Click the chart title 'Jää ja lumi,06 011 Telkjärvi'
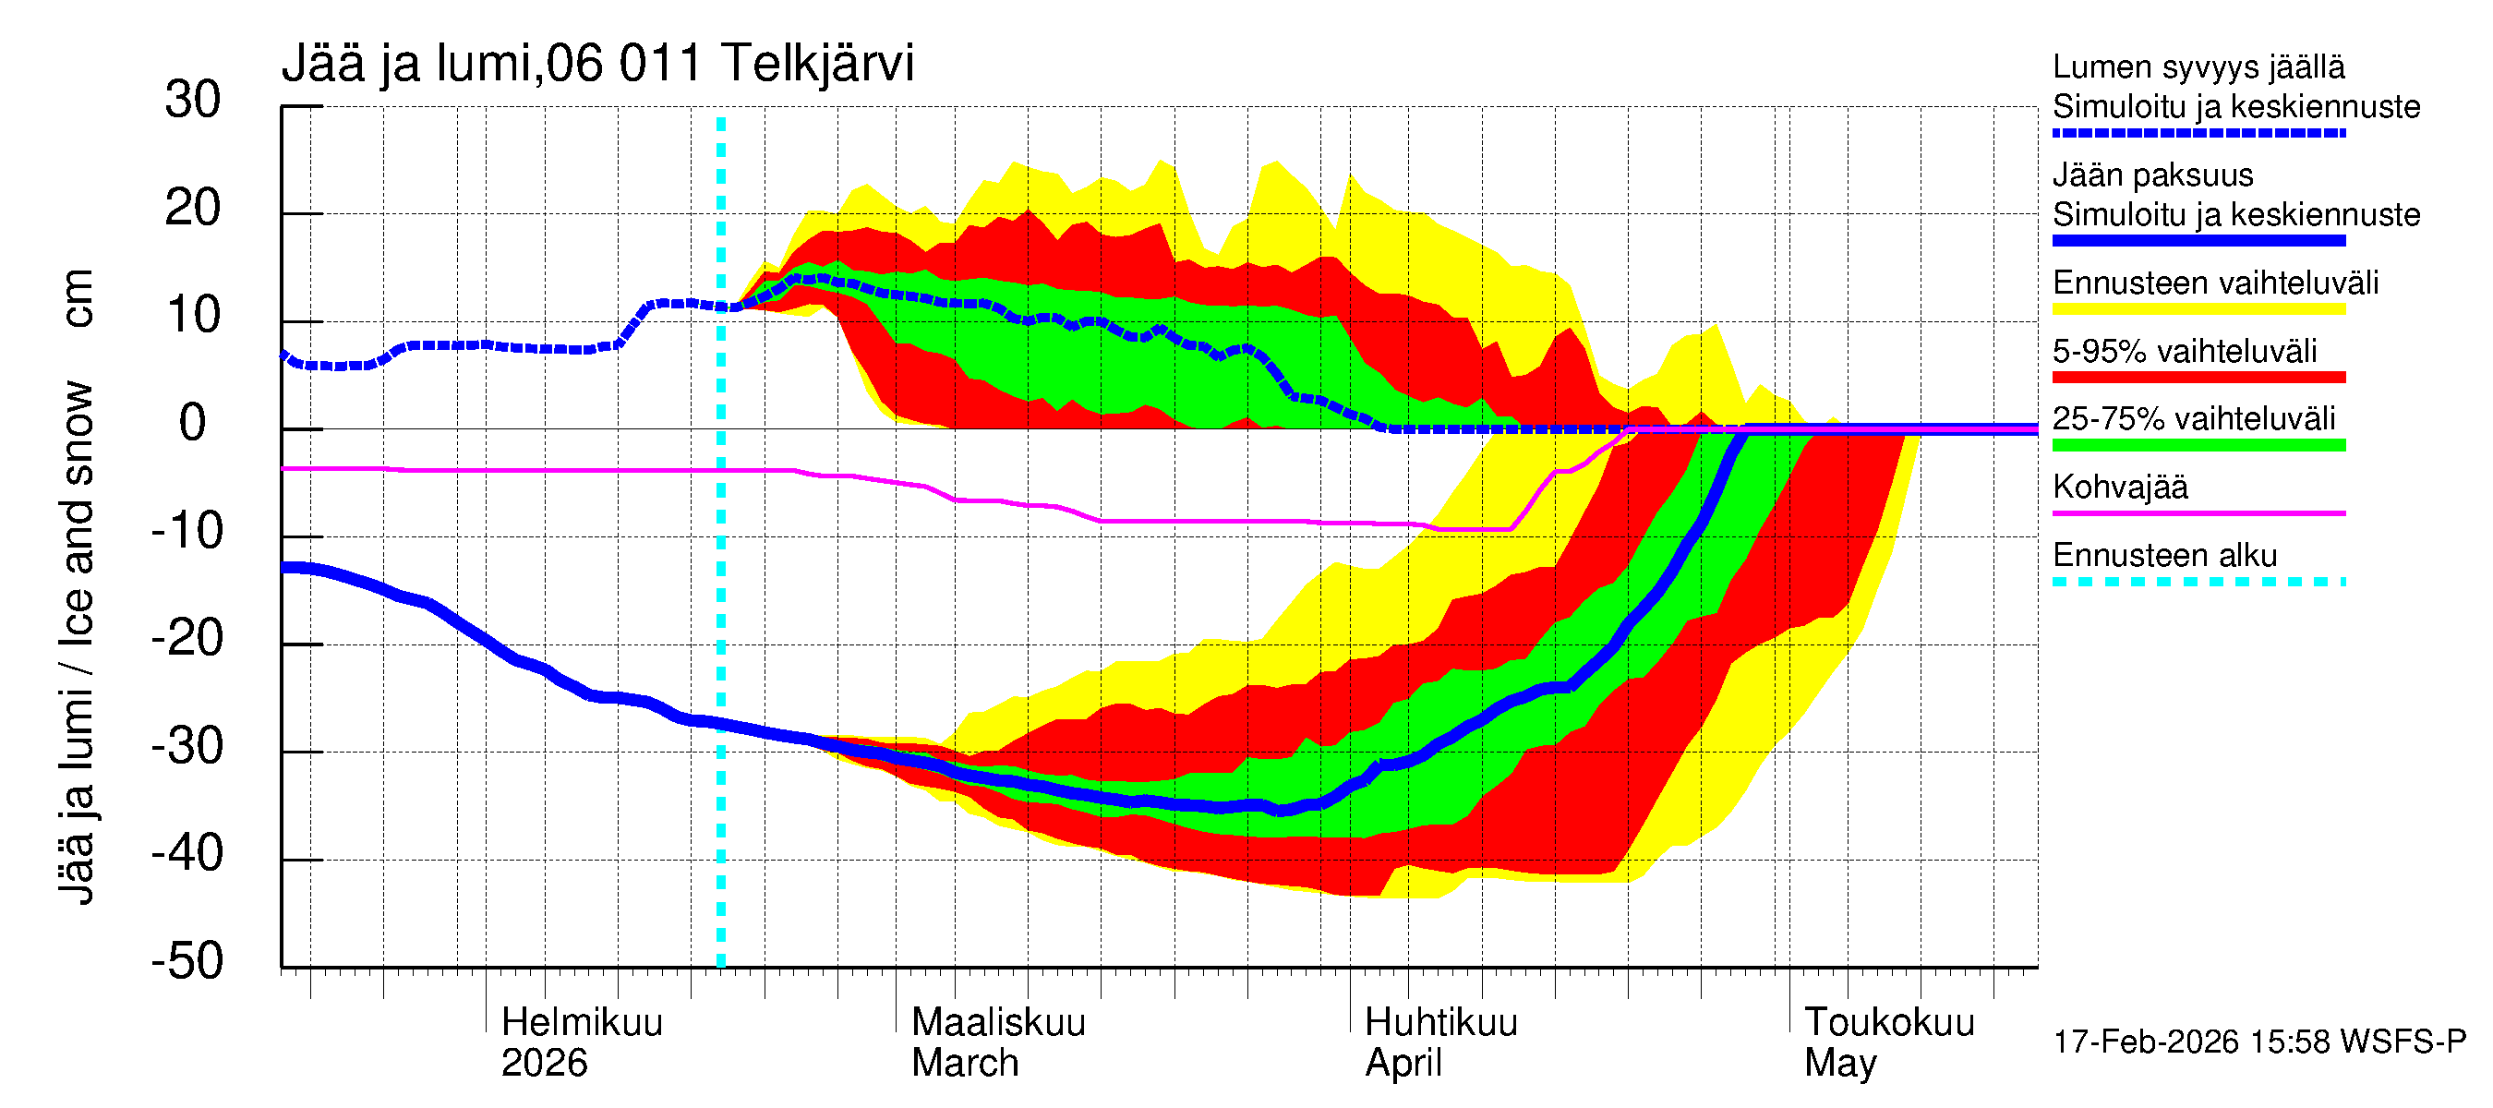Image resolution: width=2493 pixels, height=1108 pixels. click(x=597, y=64)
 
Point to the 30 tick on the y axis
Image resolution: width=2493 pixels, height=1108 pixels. click(x=193, y=101)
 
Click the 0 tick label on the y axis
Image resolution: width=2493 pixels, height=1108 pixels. click(x=193, y=424)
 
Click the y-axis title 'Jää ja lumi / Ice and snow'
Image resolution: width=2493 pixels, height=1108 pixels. click(x=77, y=639)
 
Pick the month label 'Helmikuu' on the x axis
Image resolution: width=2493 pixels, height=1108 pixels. click(x=582, y=1023)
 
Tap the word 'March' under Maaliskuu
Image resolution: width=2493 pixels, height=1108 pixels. click(x=965, y=1064)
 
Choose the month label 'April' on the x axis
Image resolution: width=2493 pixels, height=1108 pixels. click(x=1403, y=1064)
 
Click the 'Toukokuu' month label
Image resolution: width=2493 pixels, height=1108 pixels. click(x=1888, y=1023)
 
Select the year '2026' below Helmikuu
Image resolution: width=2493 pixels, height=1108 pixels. click(x=544, y=1064)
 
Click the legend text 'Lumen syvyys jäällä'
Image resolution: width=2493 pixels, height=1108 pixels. click(x=2198, y=66)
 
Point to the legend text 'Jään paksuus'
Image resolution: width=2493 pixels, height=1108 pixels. click(x=2153, y=175)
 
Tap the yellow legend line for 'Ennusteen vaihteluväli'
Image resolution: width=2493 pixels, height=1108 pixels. click(x=2198, y=309)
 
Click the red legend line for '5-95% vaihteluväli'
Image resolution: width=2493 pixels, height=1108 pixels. click(x=2198, y=378)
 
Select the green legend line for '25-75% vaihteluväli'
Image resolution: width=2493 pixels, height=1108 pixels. click(x=2198, y=445)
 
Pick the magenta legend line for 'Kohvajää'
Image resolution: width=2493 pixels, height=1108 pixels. click(x=2198, y=512)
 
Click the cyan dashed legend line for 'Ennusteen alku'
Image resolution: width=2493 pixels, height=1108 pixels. click(x=2198, y=582)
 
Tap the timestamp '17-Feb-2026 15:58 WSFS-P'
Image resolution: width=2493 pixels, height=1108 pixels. click(x=2259, y=1042)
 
